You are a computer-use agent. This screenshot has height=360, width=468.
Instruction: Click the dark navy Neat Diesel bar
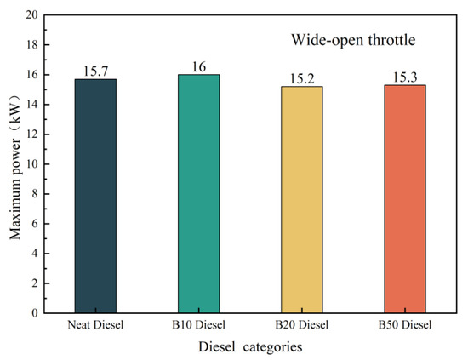95,196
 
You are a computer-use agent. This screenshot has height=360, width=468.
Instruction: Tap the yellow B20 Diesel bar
301,200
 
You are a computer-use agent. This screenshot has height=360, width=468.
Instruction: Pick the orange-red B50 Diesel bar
404,199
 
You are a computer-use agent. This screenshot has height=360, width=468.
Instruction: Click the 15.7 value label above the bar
95,71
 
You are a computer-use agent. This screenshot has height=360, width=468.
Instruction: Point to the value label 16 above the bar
198,67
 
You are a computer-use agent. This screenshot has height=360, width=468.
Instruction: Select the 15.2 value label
301,79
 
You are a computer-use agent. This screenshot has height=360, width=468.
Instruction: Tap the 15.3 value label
404,77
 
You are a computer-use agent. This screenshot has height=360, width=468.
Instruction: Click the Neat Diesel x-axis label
95,325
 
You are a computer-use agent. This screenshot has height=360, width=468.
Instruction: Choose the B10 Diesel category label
198,325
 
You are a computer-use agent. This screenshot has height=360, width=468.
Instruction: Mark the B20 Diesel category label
301,325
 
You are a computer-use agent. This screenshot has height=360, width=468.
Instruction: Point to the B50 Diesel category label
404,325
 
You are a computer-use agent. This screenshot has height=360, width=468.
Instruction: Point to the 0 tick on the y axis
34,313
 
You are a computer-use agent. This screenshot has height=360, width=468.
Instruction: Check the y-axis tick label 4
34,254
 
